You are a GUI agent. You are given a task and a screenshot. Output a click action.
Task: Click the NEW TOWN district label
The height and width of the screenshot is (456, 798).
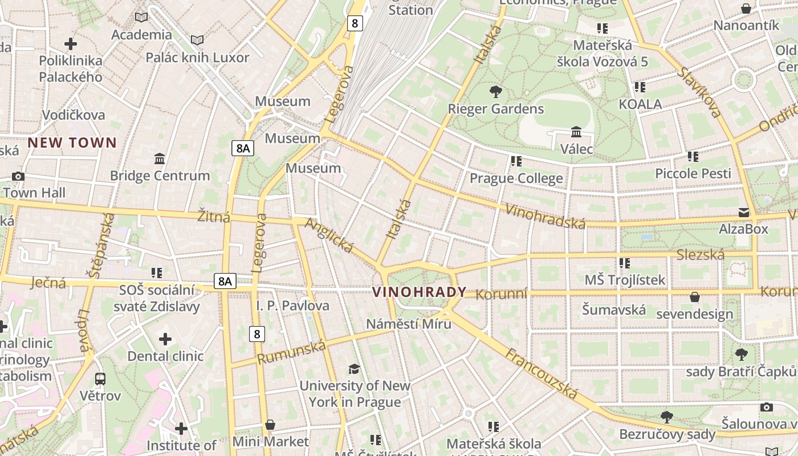click(x=72, y=142)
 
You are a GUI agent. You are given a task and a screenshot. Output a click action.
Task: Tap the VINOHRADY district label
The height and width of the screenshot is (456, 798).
click(x=419, y=292)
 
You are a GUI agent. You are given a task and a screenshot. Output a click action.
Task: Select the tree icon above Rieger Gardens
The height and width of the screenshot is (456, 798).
click(x=496, y=91)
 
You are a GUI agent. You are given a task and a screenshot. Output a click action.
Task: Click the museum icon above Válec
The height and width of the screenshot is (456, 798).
click(x=576, y=132)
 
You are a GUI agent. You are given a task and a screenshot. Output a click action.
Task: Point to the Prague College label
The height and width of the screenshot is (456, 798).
click(x=516, y=178)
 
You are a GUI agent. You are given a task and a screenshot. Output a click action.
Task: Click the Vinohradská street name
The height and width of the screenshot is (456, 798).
click(x=545, y=215)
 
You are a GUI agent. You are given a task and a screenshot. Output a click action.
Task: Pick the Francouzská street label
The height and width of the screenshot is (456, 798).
click(x=541, y=374)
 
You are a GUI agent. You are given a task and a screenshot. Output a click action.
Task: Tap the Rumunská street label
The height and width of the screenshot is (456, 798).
click(x=291, y=352)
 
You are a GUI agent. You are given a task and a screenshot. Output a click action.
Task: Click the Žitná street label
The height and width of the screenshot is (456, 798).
click(x=214, y=217)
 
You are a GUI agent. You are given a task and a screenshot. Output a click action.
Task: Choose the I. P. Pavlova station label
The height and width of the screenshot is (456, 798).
click(x=292, y=306)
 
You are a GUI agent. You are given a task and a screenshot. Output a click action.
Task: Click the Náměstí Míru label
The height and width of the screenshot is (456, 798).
click(x=409, y=324)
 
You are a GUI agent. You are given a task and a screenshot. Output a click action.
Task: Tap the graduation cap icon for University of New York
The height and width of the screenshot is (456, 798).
click(x=354, y=369)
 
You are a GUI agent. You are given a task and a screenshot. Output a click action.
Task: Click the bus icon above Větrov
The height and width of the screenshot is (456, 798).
click(x=100, y=378)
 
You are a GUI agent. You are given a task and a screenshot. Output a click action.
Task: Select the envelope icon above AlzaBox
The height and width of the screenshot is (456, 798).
click(x=744, y=213)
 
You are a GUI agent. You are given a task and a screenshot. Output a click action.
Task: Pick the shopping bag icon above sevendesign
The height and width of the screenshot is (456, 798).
click(x=694, y=297)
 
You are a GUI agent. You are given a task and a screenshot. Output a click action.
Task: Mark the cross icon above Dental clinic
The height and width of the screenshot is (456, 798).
click(x=165, y=340)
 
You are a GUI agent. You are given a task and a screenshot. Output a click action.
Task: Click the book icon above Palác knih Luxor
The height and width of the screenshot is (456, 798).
click(x=197, y=40)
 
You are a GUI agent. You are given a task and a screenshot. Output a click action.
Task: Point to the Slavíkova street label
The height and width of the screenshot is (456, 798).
click(x=699, y=92)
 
